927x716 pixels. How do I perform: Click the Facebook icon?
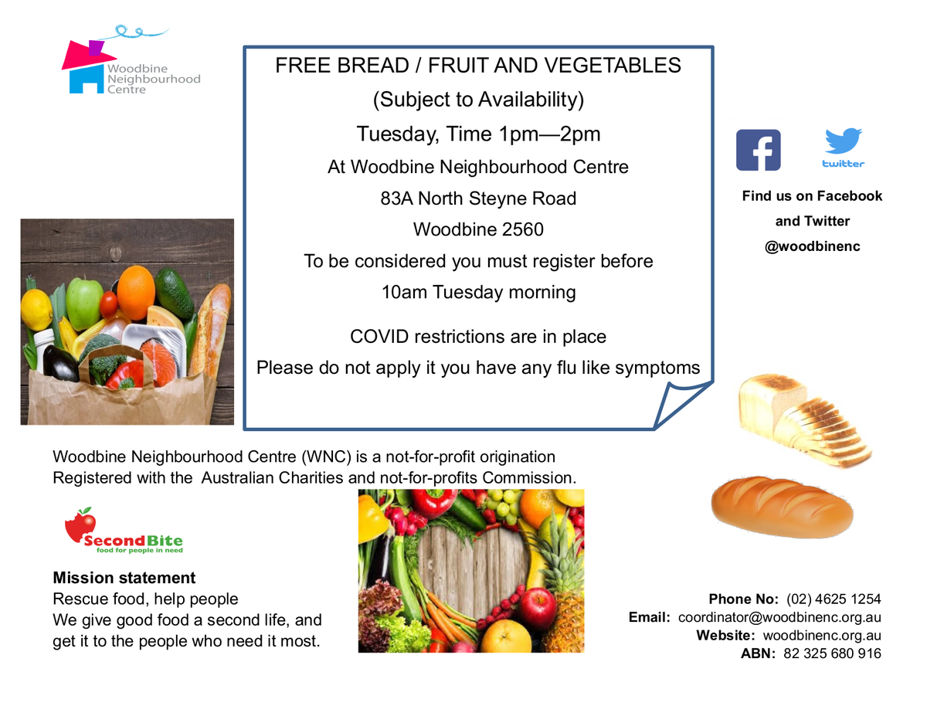click(x=758, y=150)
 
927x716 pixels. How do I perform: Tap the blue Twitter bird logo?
click(x=844, y=141)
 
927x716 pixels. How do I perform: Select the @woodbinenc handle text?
click(x=812, y=246)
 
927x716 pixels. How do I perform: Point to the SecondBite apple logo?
click(x=80, y=525)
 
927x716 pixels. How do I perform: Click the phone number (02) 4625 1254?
click(x=834, y=599)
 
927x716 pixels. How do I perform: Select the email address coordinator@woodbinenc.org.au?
click(x=779, y=617)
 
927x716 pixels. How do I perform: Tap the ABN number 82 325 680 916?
click(x=832, y=653)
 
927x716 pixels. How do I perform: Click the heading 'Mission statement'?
click(x=124, y=578)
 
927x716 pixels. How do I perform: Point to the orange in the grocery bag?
click(x=136, y=293)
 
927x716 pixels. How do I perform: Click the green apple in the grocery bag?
click(x=84, y=303)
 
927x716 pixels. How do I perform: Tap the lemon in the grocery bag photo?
click(x=36, y=310)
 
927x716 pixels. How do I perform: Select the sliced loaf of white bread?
click(x=804, y=420)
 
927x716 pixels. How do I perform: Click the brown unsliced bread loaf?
click(x=783, y=507)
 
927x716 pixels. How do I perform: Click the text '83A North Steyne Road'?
click(x=478, y=199)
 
